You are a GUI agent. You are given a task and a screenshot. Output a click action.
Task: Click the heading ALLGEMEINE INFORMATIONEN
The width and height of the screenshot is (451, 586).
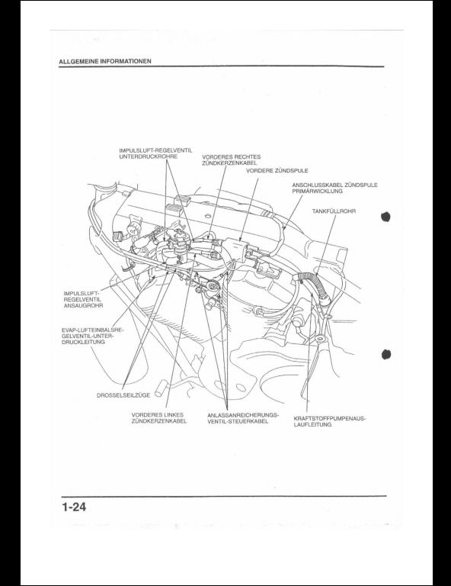click(x=105, y=61)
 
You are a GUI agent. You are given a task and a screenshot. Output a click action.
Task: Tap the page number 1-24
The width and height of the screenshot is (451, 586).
click(x=74, y=507)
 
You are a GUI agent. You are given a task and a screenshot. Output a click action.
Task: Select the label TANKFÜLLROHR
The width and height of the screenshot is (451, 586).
click(x=334, y=211)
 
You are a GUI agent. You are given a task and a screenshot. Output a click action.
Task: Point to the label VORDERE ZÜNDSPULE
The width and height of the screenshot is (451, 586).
click(x=277, y=170)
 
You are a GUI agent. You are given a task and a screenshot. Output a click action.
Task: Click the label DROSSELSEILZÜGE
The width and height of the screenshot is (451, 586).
click(x=123, y=395)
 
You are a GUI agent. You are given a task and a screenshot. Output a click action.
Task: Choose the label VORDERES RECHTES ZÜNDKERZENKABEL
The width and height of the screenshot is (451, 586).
click(x=232, y=160)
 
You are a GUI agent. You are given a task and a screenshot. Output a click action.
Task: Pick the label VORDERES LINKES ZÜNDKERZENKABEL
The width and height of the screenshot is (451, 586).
click(x=159, y=418)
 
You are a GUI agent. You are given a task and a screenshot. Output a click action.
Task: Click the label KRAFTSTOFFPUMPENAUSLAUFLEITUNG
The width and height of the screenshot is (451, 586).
click(x=330, y=421)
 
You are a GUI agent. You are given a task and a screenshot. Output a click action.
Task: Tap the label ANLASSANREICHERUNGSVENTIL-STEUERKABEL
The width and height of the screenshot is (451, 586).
click(x=243, y=418)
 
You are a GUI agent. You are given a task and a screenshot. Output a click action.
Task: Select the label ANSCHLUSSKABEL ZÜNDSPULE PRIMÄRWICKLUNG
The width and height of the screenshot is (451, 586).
click(x=334, y=188)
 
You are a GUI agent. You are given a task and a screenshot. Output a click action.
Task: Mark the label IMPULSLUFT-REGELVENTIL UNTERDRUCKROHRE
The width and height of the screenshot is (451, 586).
click(x=155, y=153)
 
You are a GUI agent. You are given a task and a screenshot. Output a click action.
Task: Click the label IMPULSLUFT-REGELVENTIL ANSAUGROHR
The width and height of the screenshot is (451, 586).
click(x=83, y=299)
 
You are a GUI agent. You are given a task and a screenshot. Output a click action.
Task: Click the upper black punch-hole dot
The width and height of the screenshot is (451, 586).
click(x=385, y=217)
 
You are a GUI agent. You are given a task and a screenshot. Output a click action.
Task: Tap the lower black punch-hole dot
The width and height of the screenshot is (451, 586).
click(x=385, y=354)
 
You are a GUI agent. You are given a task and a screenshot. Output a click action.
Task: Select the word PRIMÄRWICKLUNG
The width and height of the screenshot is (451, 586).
click(x=317, y=191)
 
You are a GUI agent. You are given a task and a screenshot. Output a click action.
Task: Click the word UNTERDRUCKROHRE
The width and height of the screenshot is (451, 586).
click(x=148, y=156)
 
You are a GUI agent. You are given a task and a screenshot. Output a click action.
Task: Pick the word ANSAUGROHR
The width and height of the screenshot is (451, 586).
click(x=83, y=306)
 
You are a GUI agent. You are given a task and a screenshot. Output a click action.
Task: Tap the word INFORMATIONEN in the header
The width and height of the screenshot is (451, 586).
click(x=126, y=61)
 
